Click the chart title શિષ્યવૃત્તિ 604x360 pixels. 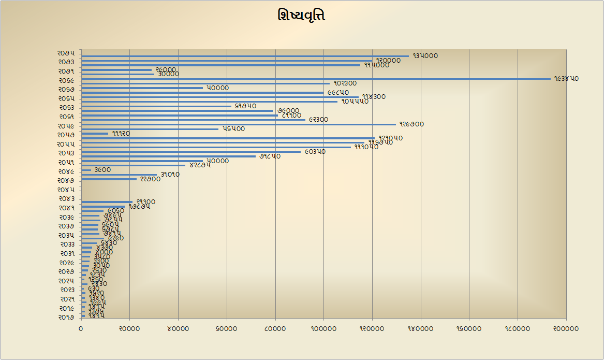click(301, 16)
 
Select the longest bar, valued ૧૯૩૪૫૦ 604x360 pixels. click(316, 79)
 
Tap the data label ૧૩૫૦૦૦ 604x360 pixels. click(425, 56)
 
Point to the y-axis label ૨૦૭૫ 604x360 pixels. click(66, 53)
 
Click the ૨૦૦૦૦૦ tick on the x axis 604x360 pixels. click(566, 329)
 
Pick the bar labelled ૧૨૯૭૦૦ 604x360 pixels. click(238, 124)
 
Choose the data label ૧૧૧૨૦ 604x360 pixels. click(121, 134)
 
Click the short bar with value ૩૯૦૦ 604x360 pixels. click(86, 170)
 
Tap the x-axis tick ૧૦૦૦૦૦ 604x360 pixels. click(323, 329)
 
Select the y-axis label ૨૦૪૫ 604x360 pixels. click(66, 190)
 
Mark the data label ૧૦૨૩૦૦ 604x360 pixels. click(345, 83)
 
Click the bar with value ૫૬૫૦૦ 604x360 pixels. click(150, 129)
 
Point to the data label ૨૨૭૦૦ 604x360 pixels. click(150, 179)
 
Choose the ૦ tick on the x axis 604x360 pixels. click(81, 329)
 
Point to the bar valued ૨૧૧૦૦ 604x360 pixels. click(107, 202)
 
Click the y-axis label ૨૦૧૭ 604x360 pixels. click(66, 317)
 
